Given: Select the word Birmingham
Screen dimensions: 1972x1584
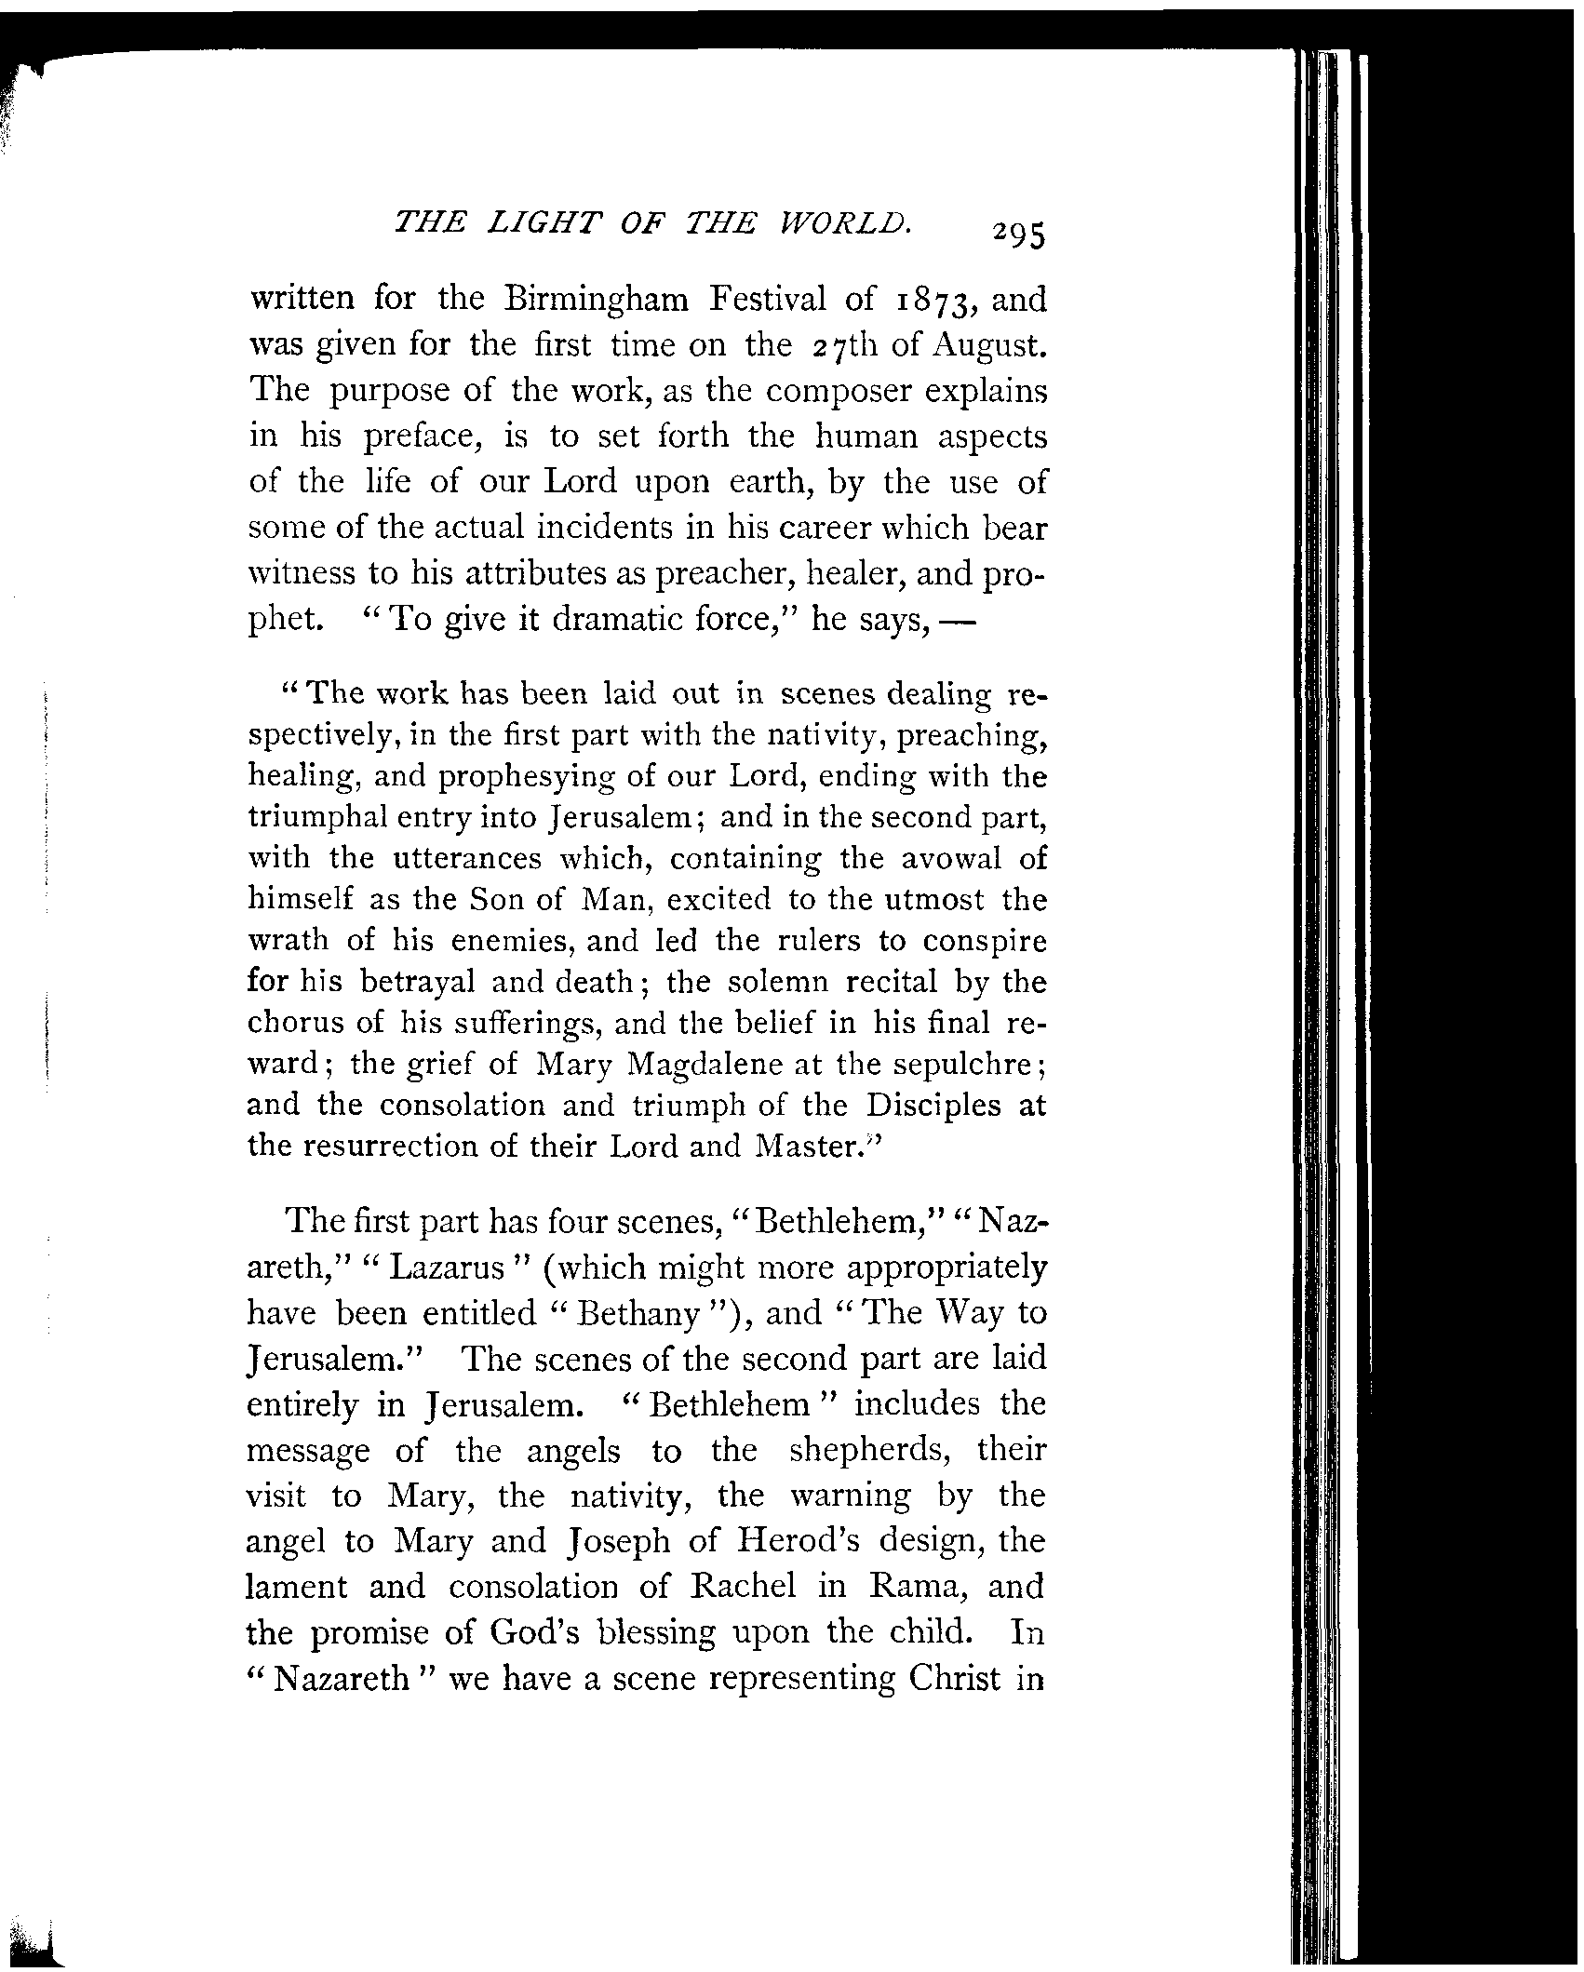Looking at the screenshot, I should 596,300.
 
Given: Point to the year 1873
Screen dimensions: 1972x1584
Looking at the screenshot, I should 937,301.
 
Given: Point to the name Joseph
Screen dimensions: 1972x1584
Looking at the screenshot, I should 616,1542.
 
